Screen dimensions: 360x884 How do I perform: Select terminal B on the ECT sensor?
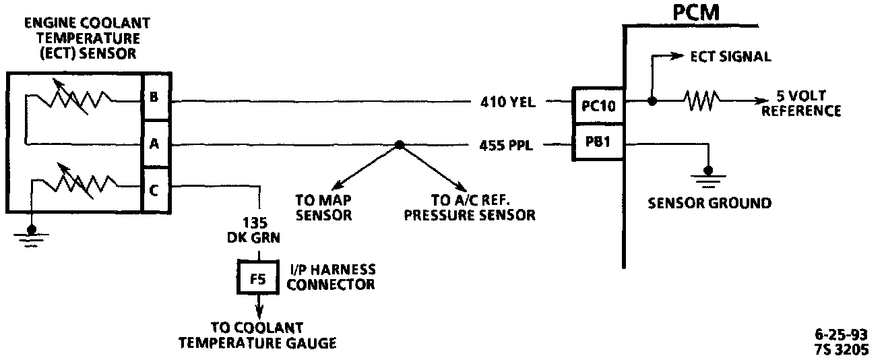pos(154,98)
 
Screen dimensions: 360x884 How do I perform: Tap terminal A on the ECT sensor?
pos(154,144)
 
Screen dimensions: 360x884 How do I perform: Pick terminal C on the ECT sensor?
pos(154,189)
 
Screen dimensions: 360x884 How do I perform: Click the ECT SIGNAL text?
pos(730,57)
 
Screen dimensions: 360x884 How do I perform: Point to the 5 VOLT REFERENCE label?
pos(801,104)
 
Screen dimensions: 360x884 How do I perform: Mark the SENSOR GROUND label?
pos(709,203)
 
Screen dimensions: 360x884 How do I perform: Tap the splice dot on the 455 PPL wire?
pos(400,144)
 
